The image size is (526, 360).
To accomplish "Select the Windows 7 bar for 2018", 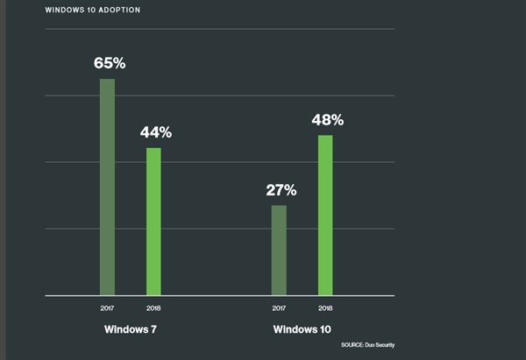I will coord(153,222).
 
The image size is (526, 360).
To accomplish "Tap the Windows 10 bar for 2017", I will coord(279,251).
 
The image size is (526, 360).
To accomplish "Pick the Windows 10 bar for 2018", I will coord(325,215).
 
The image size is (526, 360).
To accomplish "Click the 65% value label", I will coord(109,64).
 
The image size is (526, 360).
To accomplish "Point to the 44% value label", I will coord(155,133).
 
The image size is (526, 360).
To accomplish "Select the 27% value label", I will coord(281,190).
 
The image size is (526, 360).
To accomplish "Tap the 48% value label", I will coord(327,120).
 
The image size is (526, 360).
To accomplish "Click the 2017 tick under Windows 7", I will coord(107,307).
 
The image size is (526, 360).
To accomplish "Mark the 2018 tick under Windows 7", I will coord(153,307).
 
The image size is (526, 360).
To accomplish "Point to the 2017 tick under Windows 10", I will coord(279,307).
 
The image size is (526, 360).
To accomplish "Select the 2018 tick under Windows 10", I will coord(325,307).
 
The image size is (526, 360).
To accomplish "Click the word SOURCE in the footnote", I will coord(352,345).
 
